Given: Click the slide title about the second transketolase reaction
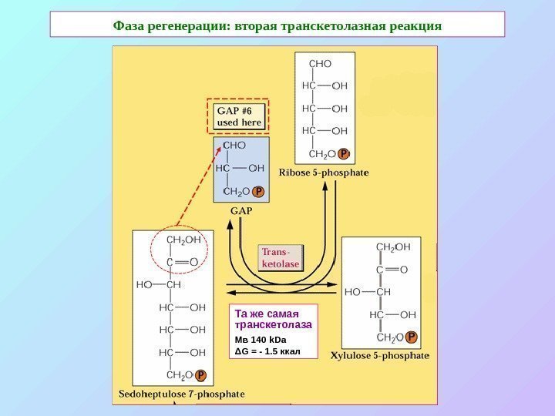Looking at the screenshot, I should tap(277, 25).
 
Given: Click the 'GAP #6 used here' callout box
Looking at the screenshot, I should tap(240, 116).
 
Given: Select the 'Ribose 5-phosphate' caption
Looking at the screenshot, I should tap(325, 173).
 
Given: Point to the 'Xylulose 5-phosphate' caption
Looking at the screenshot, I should tap(380, 356).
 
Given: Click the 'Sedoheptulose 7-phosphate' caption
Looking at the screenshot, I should tap(182, 394).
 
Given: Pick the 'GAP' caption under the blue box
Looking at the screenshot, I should tap(241, 210).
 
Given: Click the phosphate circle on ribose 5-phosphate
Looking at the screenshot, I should tap(345, 154).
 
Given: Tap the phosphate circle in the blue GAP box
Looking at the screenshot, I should tap(259, 191).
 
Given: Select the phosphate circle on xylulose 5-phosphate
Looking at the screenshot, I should tap(412, 337).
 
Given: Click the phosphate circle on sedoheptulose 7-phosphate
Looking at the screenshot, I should tap(200, 375).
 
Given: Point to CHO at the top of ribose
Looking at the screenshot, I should tap(320, 65).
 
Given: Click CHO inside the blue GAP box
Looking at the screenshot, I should tap(234, 144).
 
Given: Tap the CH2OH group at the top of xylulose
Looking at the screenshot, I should tap(392, 247).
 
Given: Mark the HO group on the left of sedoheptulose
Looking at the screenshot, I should tap(145, 284).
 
